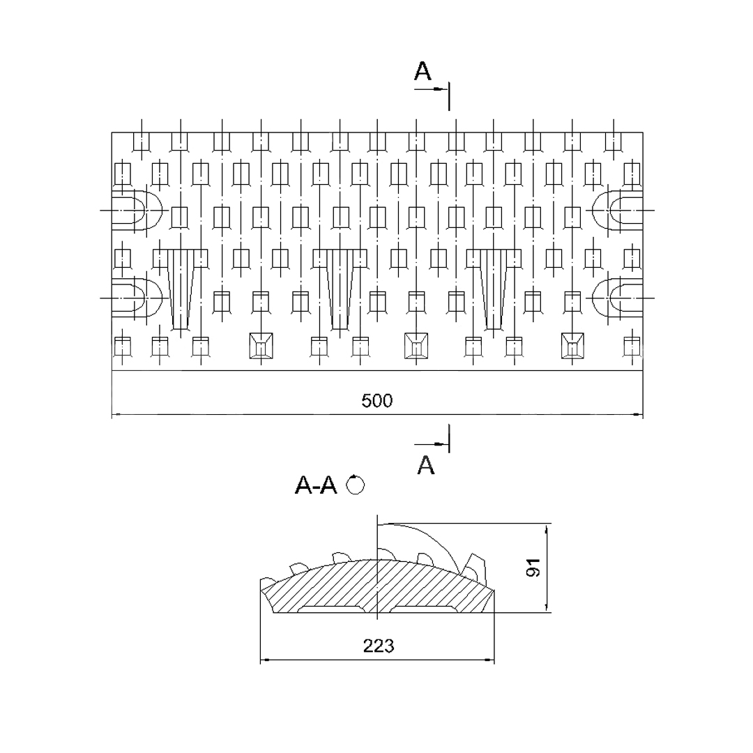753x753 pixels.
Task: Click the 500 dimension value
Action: point(377,400)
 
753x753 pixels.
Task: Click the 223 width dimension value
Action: point(379,646)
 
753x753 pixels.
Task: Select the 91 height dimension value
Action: point(533,567)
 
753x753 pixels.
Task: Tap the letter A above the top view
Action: point(423,71)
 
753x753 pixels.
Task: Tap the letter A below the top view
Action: point(426,465)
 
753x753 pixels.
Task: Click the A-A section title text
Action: point(316,485)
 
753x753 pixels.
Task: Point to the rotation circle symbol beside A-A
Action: point(356,485)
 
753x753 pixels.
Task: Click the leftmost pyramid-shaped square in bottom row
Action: point(261,345)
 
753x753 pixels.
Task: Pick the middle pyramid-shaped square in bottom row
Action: point(416,345)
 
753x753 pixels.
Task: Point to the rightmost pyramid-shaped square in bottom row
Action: point(572,345)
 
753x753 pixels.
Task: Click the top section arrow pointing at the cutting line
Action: point(432,89)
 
